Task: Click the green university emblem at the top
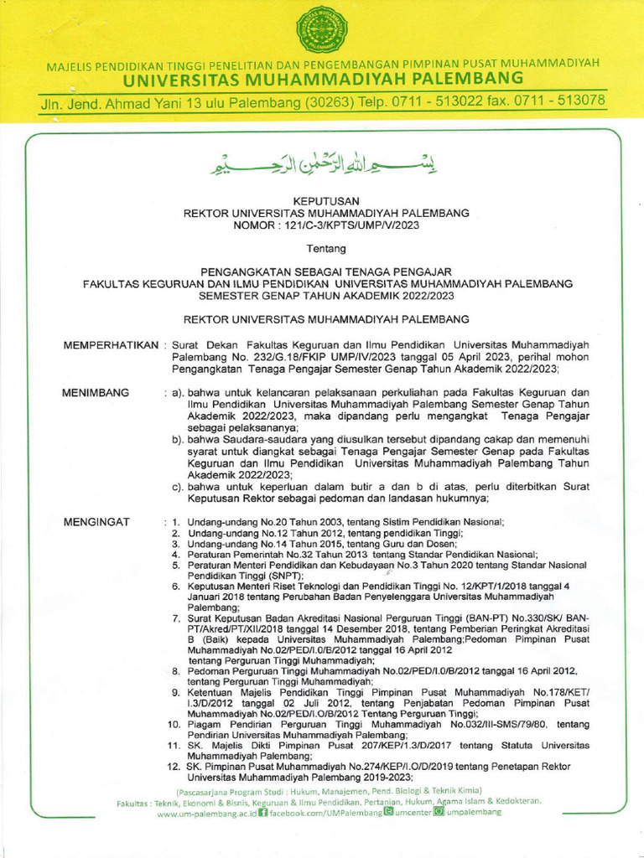[322, 30]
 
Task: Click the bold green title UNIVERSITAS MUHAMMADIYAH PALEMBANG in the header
[323, 80]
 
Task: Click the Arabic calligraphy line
[322, 164]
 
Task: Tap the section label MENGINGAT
[96, 522]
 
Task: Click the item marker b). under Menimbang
[178, 439]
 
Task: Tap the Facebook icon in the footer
[263, 813]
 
